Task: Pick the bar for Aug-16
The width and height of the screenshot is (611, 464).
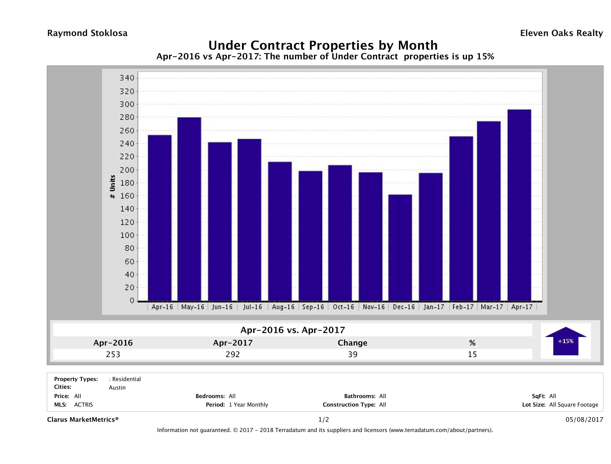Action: [x=280, y=231]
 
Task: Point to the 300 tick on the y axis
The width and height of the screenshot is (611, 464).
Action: [x=127, y=104]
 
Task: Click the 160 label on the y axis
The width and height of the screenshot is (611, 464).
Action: [x=127, y=196]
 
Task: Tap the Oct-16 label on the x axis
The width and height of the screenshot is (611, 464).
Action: [x=343, y=307]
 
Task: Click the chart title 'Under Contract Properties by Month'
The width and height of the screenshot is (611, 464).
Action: [x=323, y=45]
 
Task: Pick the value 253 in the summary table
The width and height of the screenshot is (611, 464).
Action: [x=113, y=354]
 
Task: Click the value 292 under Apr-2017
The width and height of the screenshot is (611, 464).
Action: [x=233, y=354]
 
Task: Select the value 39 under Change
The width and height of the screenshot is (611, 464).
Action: [x=353, y=354]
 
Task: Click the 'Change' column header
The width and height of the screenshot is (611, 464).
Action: [x=353, y=343]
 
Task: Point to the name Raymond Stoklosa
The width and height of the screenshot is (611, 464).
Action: [x=87, y=33]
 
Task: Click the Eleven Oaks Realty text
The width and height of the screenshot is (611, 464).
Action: [x=562, y=33]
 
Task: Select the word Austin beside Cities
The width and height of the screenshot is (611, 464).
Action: [x=117, y=388]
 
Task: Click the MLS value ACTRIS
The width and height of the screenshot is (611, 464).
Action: [x=83, y=405]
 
